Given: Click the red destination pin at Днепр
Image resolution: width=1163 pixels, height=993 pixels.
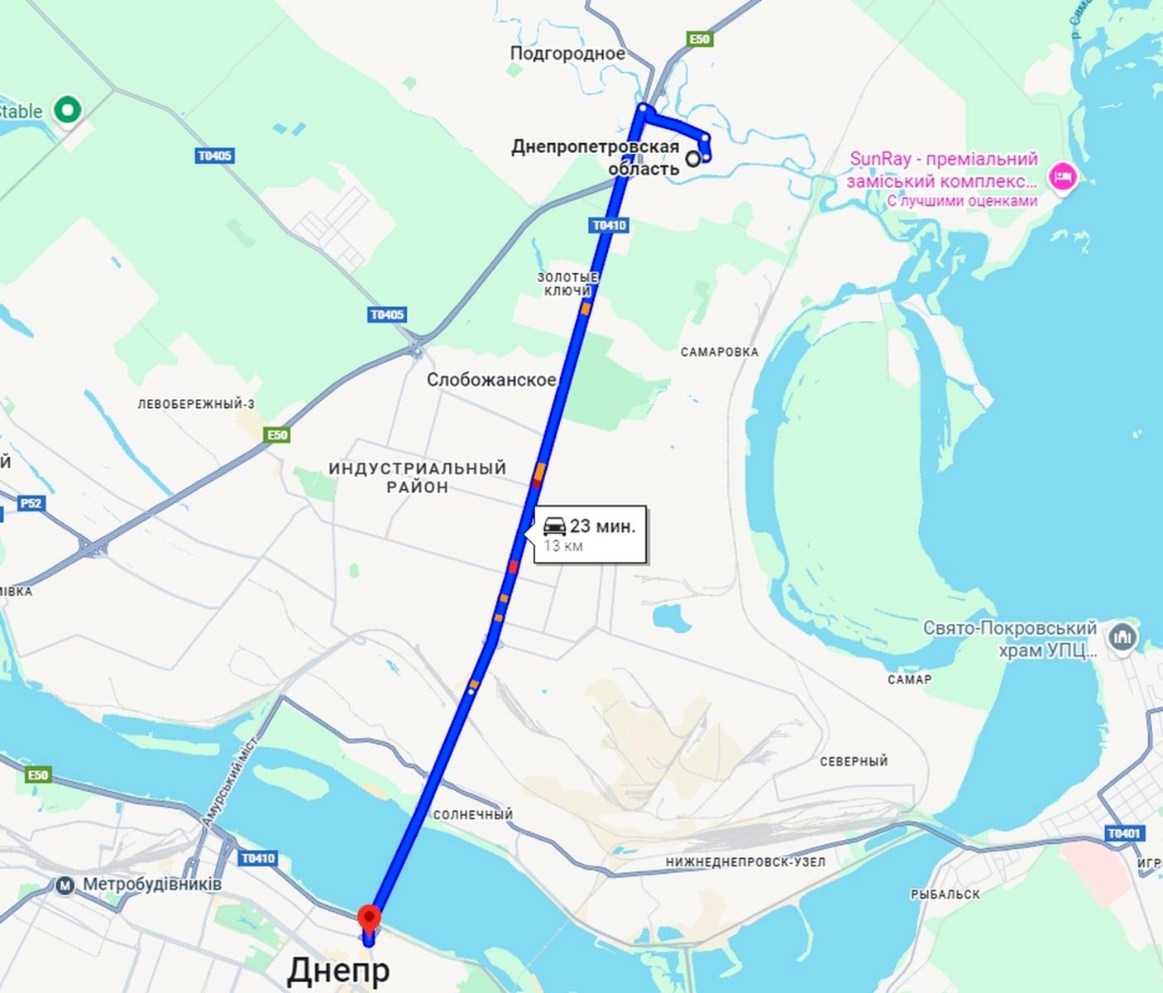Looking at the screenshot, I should point(368,919).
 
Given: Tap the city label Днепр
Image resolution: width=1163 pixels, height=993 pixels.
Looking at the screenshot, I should point(337,971).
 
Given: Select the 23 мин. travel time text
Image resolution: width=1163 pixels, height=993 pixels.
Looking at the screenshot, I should point(602,526).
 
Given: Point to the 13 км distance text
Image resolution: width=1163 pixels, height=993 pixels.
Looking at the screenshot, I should point(563,546).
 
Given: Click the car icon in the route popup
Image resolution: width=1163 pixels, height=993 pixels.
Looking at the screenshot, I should point(554,525).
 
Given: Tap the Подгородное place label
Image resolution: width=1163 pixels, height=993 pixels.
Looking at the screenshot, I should point(567,54).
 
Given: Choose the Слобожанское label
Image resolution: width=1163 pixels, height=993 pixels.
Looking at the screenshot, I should point(491,380).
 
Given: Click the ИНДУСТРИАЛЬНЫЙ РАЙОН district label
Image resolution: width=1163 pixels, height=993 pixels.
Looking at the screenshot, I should point(417,477).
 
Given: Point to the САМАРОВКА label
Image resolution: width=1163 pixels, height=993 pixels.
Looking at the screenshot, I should point(719,352).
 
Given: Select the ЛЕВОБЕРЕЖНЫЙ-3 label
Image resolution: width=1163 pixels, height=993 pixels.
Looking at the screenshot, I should point(196,405).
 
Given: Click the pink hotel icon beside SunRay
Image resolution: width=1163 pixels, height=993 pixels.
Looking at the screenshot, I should point(1063,177).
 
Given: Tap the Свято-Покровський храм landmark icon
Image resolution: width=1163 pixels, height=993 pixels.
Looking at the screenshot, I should point(1122,638).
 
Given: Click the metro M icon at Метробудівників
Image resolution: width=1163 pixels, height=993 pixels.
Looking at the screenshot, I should point(65,885).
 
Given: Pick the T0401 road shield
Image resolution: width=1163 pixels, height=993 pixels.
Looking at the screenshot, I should point(1123,833).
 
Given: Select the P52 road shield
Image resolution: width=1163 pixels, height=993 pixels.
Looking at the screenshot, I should point(31,503).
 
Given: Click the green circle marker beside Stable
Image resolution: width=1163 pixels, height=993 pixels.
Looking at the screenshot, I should point(67,110).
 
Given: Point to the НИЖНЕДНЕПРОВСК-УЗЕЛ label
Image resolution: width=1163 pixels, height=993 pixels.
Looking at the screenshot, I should point(745,862).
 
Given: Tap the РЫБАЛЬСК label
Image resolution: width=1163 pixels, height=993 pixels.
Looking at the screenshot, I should point(945,895).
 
